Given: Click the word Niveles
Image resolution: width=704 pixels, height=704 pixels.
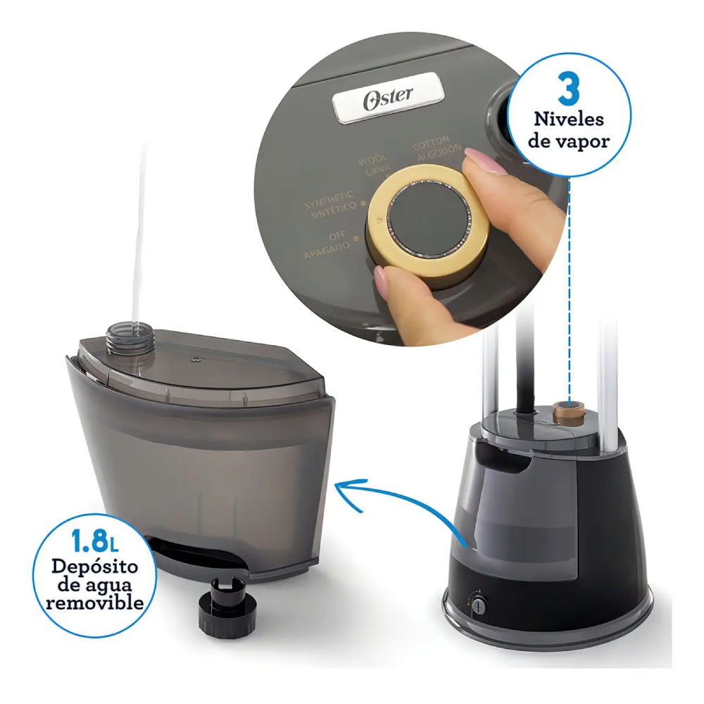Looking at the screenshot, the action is click(x=568, y=119).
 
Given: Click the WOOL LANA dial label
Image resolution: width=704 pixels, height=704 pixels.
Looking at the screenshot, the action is click(x=374, y=165).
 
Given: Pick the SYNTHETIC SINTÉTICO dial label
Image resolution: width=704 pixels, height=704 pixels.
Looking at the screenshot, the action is click(x=332, y=205).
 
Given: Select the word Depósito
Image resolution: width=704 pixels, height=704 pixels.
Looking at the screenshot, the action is click(x=94, y=567).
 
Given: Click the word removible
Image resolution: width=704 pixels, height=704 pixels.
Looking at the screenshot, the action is click(x=95, y=602).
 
